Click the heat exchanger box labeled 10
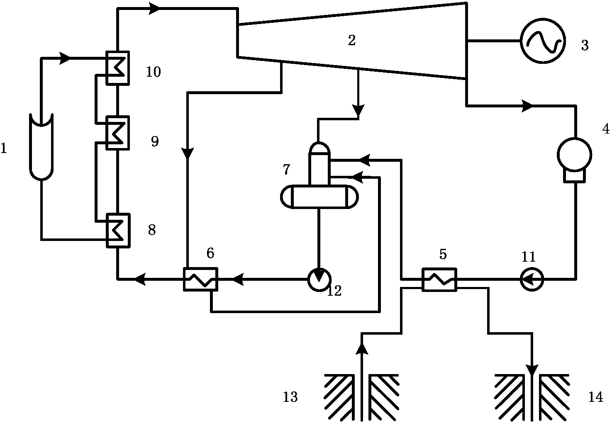coord(118,68)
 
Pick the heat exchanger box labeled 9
coord(118,133)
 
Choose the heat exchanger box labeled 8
coord(118,231)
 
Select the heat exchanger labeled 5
coord(439,280)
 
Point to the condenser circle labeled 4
coord(574,155)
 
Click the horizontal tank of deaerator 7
coord(319,197)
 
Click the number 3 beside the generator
coord(585,45)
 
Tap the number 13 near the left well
coord(290,397)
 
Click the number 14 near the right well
coord(595,397)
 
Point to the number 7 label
coord(286,170)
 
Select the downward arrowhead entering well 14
coord(532,369)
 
